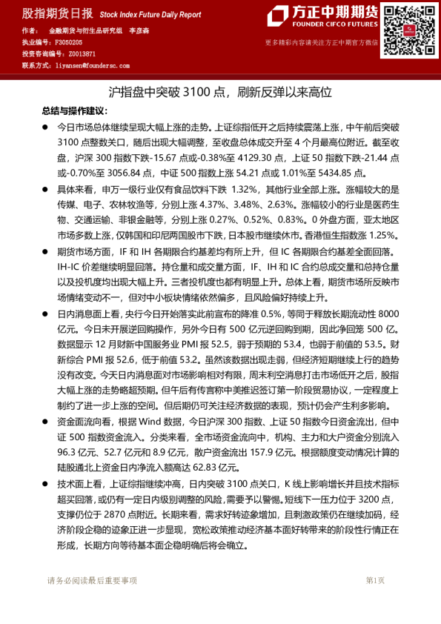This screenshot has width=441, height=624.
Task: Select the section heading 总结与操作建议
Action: click(73, 110)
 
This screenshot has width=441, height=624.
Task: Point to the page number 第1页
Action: click(375, 580)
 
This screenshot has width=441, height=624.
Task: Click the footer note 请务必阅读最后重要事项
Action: click(92, 580)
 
